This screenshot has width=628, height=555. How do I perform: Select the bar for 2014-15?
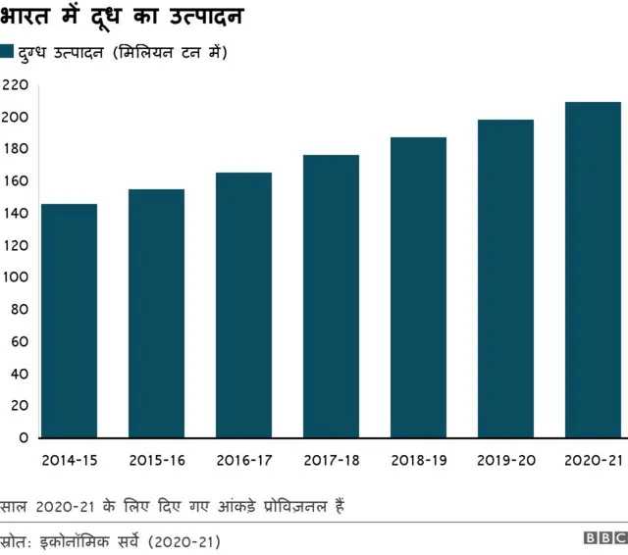tap(69, 321)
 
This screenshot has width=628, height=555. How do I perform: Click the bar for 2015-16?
tap(156, 314)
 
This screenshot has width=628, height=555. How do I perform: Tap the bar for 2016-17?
tap(243, 305)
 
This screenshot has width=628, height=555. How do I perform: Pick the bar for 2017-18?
tap(331, 296)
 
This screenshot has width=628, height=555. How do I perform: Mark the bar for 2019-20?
tap(505, 278)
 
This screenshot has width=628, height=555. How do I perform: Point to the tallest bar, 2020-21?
tap(593, 270)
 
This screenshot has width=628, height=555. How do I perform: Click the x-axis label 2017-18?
tap(331, 459)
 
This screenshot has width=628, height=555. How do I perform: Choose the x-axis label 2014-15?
tap(69, 459)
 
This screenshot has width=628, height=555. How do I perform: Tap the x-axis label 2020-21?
tap(593, 459)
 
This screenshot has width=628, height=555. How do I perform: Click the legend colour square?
tap(7, 52)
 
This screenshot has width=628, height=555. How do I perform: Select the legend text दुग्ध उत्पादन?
tap(61, 52)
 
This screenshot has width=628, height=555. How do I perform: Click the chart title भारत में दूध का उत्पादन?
tap(123, 17)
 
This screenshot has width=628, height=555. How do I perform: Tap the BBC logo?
tap(603, 539)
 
